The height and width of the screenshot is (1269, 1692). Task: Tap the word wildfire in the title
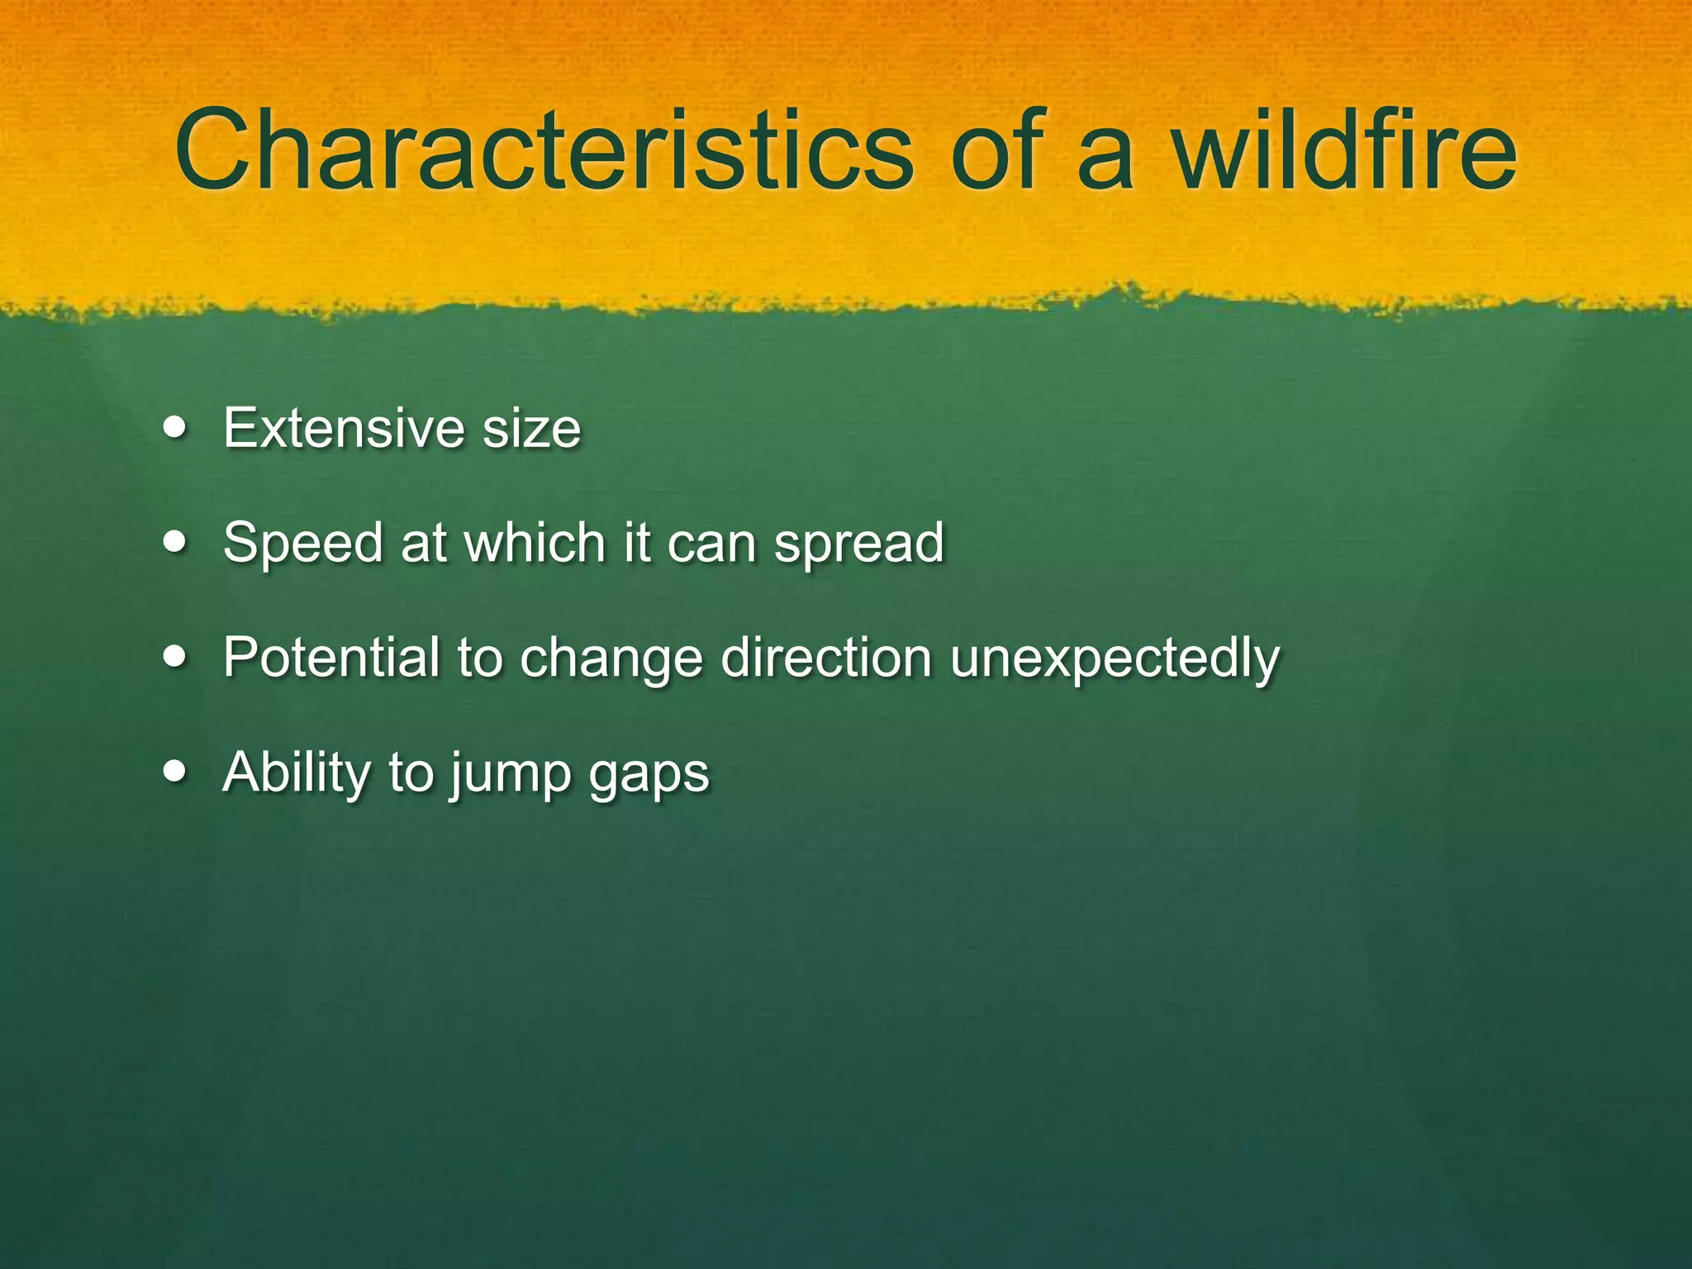[1344, 150]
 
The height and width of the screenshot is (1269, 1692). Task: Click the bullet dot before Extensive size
[174, 428]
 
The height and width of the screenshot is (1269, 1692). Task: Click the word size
[531, 430]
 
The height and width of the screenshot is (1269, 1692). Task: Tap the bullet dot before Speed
[174, 543]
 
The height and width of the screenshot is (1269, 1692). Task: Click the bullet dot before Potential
[174, 658]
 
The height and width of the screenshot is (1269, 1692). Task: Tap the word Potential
[331, 658]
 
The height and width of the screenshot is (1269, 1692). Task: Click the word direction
[826, 658]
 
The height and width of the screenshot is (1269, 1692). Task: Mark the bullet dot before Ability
[174, 772]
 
